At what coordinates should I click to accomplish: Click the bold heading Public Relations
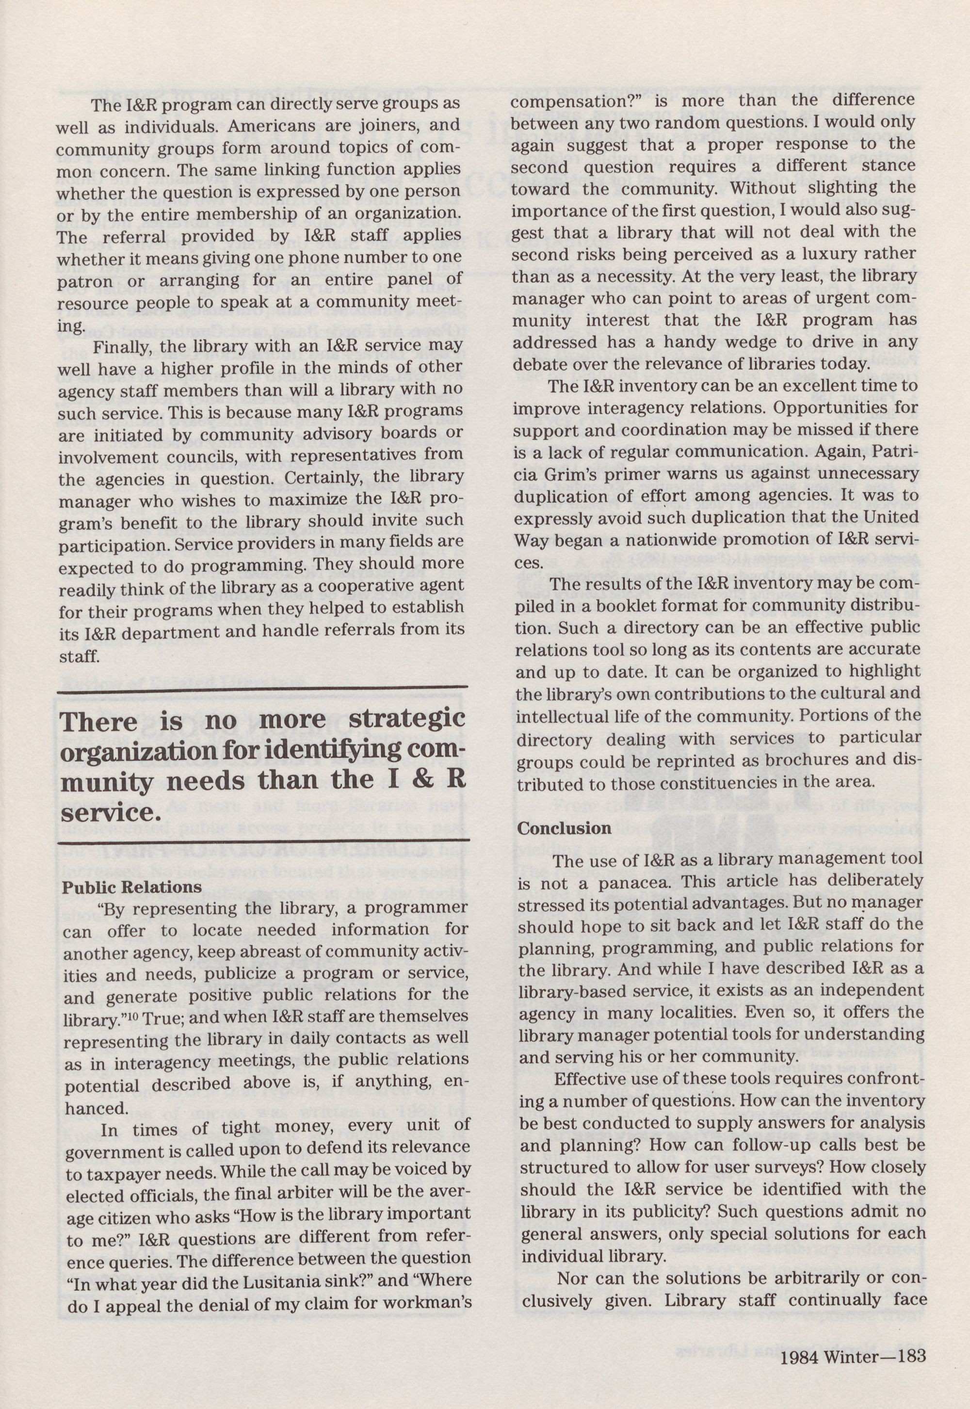pyautogui.click(x=132, y=887)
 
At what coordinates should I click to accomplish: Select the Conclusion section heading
pyautogui.click(x=564, y=828)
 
